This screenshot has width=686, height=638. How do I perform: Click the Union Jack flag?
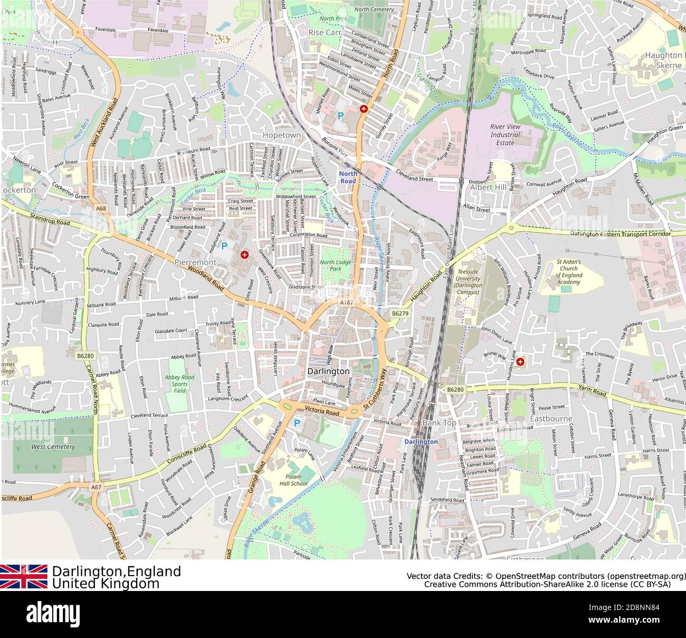pyautogui.click(x=24, y=576)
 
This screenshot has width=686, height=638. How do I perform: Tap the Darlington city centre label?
pyautogui.click(x=328, y=371)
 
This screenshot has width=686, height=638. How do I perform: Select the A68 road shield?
pyautogui.click(x=101, y=209)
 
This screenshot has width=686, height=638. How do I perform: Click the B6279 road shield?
pyautogui.click(x=400, y=313)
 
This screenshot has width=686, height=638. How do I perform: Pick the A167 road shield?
pyautogui.click(x=346, y=302)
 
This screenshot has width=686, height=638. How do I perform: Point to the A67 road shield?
pyautogui.click(x=96, y=487)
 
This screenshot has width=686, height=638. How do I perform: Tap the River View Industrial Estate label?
pyautogui.click(x=505, y=135)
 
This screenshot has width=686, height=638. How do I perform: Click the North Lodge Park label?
pyautogui.click(x=335, y=266)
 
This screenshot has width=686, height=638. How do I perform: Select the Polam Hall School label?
pyautogui.click(x=293, y=480)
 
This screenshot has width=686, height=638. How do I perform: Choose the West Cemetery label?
pyautogui.click(x=53, y=447)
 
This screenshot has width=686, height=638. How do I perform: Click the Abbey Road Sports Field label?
pyautogui.click(x=179, y=384)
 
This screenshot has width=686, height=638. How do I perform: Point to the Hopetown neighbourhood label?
pyautogui.click(x=282, y=135)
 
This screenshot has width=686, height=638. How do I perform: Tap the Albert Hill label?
pyautogui.click(x=488, y=187)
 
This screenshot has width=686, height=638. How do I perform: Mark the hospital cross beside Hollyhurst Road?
pyautogui.click(x=244, y=255)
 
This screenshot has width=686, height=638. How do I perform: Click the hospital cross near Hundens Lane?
pyautogui.click(x=520, y=362)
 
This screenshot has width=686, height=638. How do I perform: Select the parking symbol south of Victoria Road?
pyautogui.click(x=297, y=423)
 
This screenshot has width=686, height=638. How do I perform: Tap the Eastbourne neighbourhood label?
pyautogui.click(x=551, y=419)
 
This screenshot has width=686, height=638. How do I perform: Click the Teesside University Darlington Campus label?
pyautogui.click(x=468, y=278)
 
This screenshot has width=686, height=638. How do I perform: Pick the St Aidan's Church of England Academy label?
pyautogui.click(x=568, y=272)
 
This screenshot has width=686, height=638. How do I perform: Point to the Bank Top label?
pyautogui.click(x=439, y=423)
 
